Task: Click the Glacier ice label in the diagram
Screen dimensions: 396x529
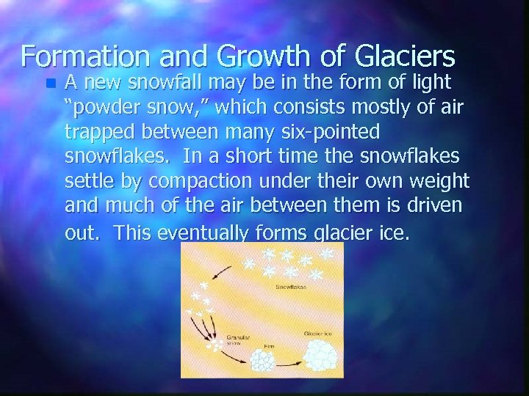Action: (320, 334)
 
